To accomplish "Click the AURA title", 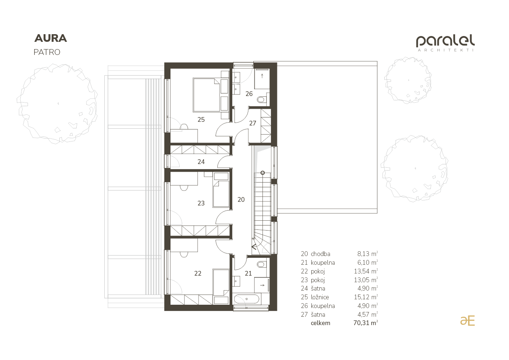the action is (51, 39).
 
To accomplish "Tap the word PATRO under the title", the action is (47, 52).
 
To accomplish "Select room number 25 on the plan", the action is (201, 120).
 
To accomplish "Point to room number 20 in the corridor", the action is (241, 200).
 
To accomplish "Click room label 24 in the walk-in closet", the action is (201, 162).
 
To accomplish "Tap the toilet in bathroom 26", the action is (261, 100).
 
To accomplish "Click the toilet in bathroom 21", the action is (261, 264).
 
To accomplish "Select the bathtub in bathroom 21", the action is (247, 299).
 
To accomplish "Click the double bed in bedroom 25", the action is (207, 95).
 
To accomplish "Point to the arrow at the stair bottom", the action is (254, 247).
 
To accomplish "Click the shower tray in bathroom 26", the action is (262, 79).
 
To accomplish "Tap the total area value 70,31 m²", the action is (366, 323).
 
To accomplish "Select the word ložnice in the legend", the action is (320, 297).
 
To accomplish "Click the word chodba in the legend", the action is (320, 254).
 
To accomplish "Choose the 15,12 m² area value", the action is (366, 297).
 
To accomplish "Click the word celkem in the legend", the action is (320, 323).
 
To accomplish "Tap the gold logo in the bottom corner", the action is (468, 321).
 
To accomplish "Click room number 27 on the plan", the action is (253, 123).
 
